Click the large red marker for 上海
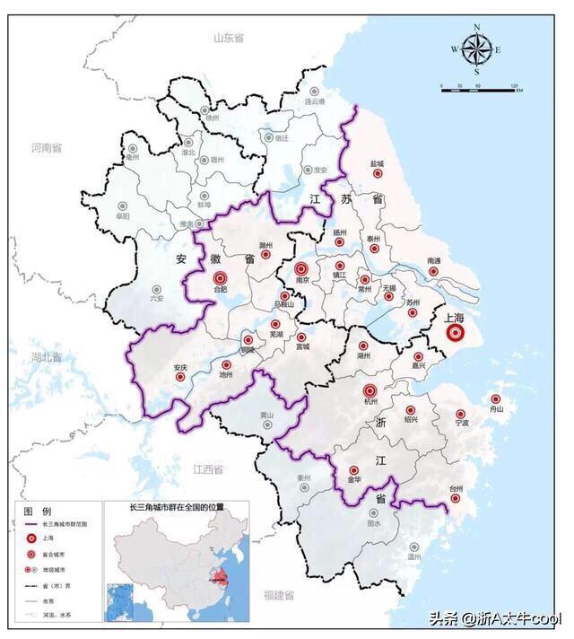(x=455, y=334)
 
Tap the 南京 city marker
(x=301, y=268)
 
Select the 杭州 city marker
(x=370, y=391)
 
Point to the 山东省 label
(x=228, y=38)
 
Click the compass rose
(x=476, y=49)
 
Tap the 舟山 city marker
(x=497, y=398)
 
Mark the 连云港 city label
(x=313, y=102)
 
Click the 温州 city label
(x=413, y=556)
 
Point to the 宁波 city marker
(x=461, y=414)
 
